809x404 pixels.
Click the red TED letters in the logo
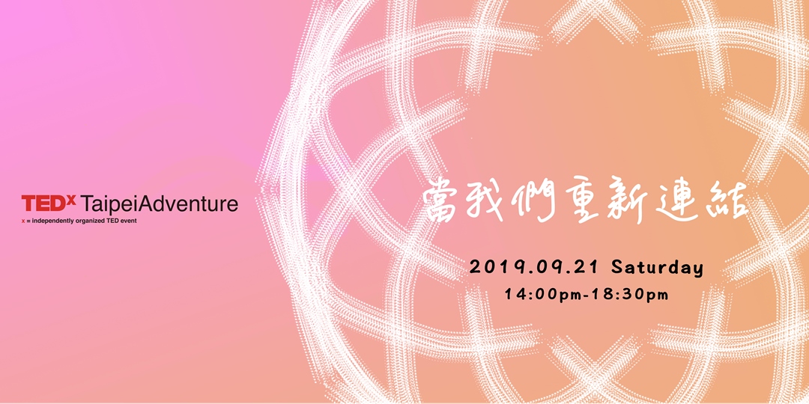click(43, 203)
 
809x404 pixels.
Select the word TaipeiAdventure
click(159, 204)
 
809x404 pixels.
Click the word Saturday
click(657, 267)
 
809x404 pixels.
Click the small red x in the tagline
click(23, 221)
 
